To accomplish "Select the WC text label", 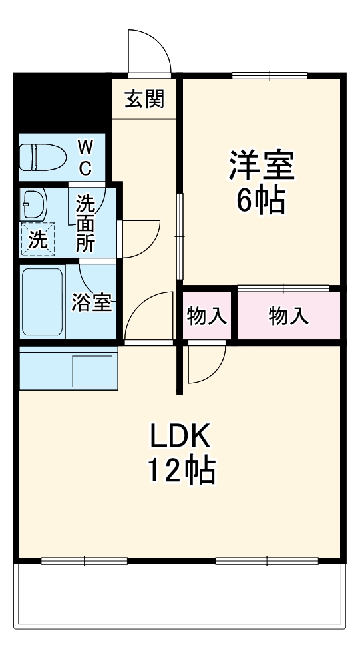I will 86,158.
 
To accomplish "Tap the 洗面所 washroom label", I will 85,222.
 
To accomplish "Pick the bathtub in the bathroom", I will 43,302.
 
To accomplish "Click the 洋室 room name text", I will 261,166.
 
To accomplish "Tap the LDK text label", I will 180,437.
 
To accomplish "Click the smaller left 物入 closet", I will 207,316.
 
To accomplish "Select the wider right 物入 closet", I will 288,316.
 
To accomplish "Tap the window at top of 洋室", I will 270,75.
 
